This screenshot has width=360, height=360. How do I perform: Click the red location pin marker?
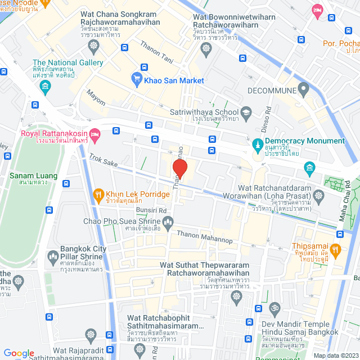(179, 168)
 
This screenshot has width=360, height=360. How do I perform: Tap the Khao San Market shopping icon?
(137, 80)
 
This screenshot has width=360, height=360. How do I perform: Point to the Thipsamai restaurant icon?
(336, 249)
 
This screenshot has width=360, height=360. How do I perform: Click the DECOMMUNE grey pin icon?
(304, 88)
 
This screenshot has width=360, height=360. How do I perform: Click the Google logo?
(19, 353)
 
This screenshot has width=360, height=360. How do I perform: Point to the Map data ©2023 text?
(335, 355)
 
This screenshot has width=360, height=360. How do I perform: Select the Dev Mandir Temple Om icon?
(274, 309)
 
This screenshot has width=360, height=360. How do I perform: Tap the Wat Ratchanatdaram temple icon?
(319, 196)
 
